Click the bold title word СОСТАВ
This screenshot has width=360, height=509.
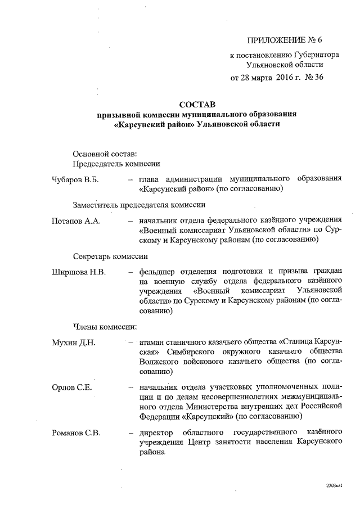click(x=197, y=103)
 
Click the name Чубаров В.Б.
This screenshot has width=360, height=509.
click(x=75, y=179)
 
